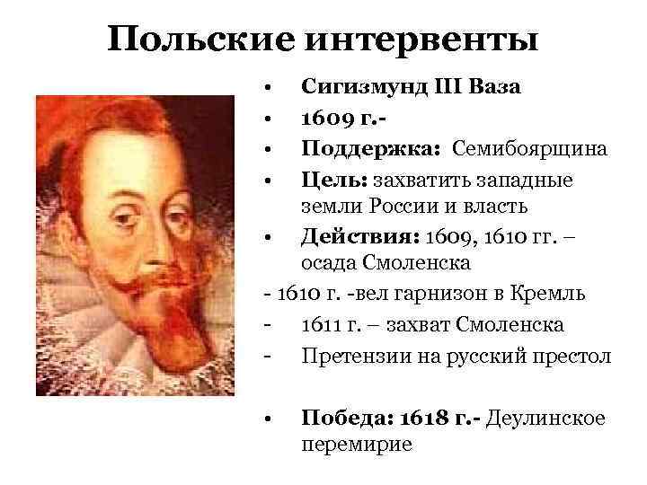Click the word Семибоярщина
coord(529,146)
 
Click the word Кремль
coord(554,294)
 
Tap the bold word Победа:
coord(341,418)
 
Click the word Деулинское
coord(545,418)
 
